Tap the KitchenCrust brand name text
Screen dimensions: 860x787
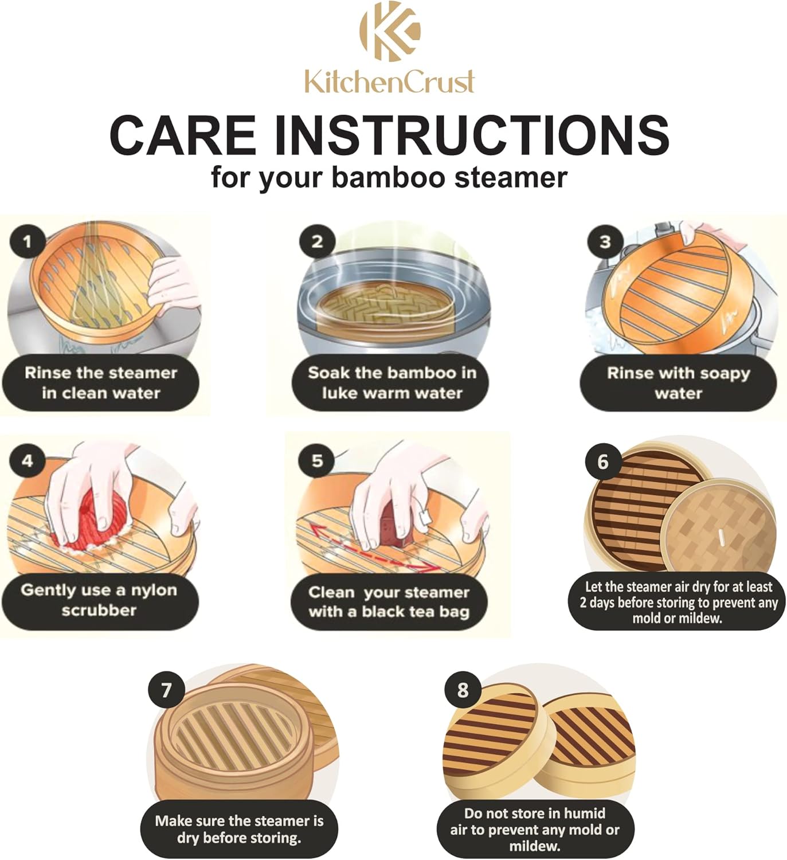coord(389,81)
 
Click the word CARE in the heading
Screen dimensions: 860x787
coord(182,135)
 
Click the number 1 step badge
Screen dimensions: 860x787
coord(27,241)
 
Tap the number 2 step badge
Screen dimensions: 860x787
coord(316,241)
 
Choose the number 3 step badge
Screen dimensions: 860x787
coord(605,242)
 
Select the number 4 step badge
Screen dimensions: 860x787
coord(27,461)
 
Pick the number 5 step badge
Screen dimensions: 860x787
coord(316,461)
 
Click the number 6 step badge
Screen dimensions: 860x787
coord(602,462)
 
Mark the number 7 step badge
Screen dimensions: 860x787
coord(166,690)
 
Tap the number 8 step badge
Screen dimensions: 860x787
coord(463,690)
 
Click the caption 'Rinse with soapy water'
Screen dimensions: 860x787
coord(678,383)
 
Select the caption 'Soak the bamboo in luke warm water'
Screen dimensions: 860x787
coord(391,383)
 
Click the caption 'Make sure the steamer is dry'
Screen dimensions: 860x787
coord(239,829)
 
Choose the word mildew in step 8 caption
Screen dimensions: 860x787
coord(534,846)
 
